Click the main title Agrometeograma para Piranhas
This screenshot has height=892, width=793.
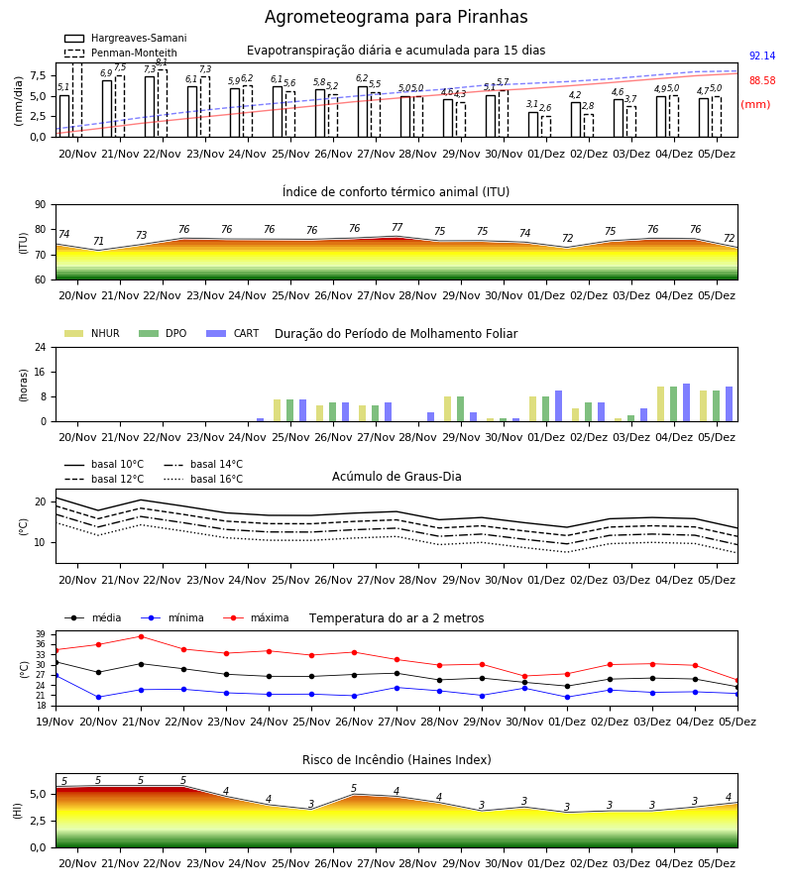tap(396, 17)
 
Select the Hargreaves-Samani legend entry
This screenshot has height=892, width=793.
tap(125, 38)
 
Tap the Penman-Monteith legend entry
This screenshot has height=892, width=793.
tap(121, 53)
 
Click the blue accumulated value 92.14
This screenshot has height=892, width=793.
tap(762, 56)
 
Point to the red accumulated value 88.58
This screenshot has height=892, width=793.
tap(762, 81)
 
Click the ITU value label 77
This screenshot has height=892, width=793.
tap(397, 227)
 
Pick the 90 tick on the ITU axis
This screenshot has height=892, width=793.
tap(41, 205)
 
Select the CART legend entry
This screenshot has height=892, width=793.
tap(233, 333)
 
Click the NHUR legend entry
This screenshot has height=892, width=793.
tap(92, 333)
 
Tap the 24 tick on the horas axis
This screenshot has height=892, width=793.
tap(41, 347)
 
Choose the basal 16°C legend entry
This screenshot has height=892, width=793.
tap(203, 479)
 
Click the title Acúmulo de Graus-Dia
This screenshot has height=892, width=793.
tap(396, 476)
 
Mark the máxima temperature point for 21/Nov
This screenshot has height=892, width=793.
tap(141, 636)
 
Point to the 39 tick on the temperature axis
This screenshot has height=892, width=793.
tap(41, 634)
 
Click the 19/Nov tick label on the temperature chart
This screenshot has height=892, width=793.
tap(56, 722)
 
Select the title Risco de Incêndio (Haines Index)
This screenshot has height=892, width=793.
tap(396, 760)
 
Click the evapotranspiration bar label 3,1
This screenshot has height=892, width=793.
tap(532, 104)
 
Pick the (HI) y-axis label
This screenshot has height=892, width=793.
tap(18, 811)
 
